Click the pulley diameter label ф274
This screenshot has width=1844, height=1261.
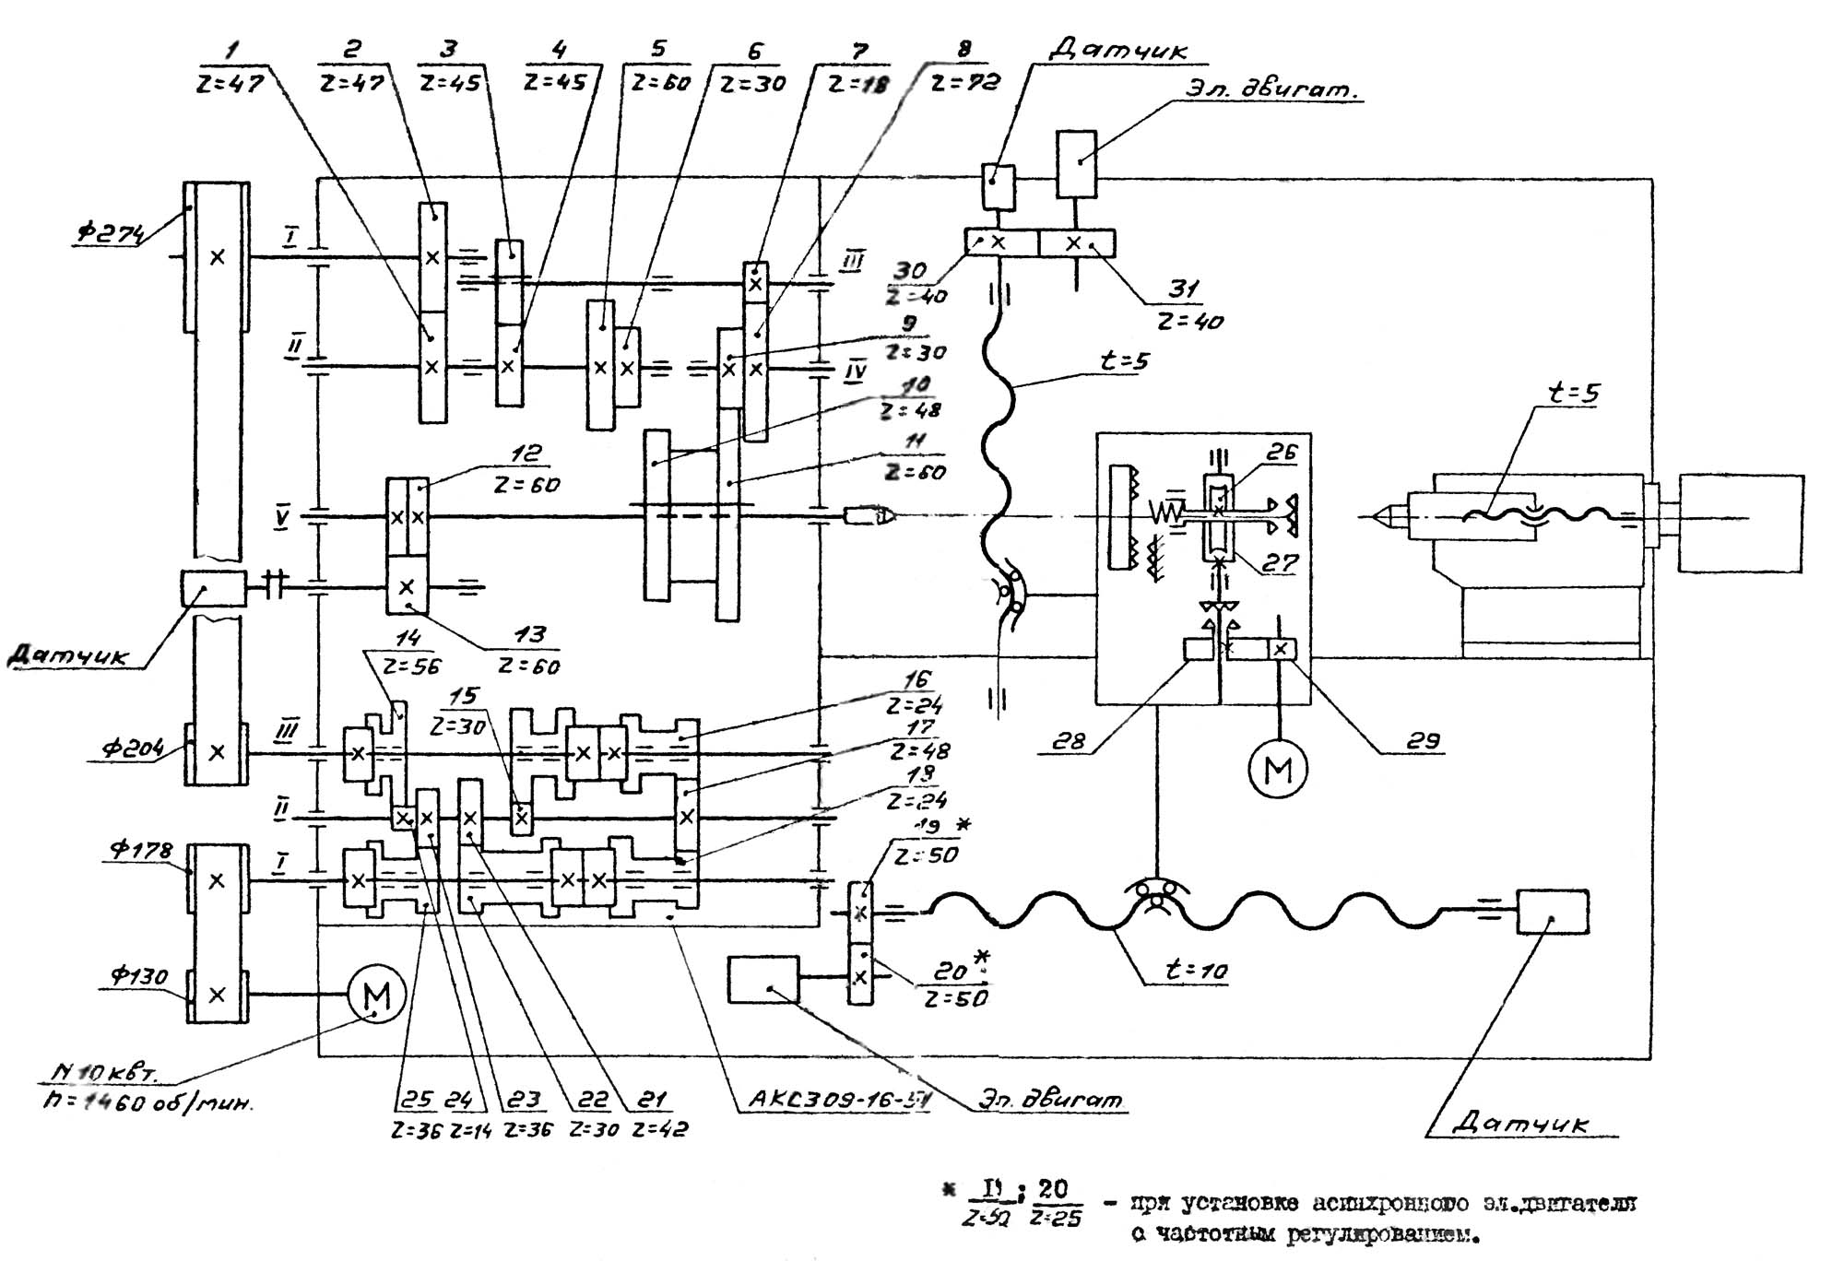tap(109, 233)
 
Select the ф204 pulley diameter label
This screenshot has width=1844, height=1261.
tap(131, 748)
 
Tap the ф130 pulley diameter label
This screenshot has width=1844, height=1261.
tap(138, 976)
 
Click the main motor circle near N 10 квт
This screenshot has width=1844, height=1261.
tap(376, 995)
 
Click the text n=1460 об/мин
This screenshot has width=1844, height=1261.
tap(148, 1101)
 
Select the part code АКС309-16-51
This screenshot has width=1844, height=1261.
tap(838, 1100)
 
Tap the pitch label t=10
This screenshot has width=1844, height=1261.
tap(1196, 970)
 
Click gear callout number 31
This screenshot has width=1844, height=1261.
tap(1183, 289)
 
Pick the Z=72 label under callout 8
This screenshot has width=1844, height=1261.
tap(964, 83)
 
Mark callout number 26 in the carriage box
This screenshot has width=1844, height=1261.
tap(1281, 452)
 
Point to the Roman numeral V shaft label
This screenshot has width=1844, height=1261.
tap(281, 518)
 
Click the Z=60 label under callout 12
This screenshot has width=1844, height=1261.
tap(526, 484)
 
